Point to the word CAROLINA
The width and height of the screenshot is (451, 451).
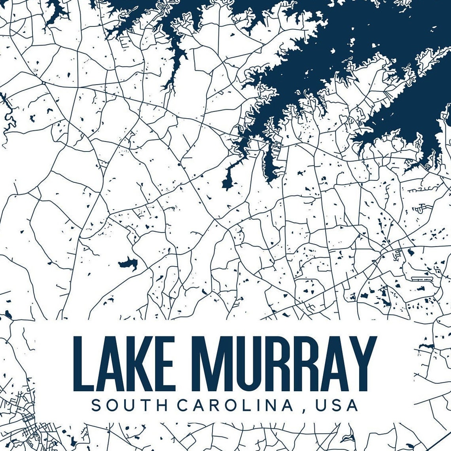click(235, 405)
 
